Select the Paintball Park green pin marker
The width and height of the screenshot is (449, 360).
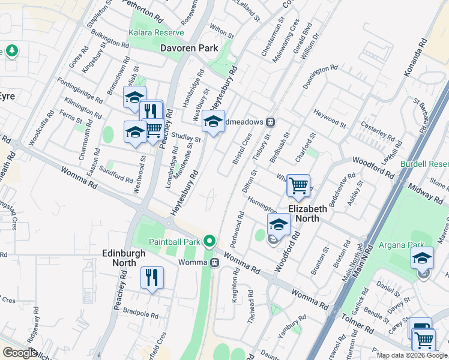pos(209,242)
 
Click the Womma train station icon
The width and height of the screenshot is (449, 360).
pos(215,262)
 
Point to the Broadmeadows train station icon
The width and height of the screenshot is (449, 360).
pos(271,122)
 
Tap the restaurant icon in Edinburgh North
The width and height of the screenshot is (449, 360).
pos(151,277)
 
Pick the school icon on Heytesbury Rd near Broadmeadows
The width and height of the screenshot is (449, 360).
pos(213,121)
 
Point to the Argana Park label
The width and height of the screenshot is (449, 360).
pos(399,245)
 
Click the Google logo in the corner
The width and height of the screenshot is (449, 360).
pos(20,353)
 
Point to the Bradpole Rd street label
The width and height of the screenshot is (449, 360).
pos(139,313)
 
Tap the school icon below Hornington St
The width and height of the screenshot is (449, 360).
pos(279,224)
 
